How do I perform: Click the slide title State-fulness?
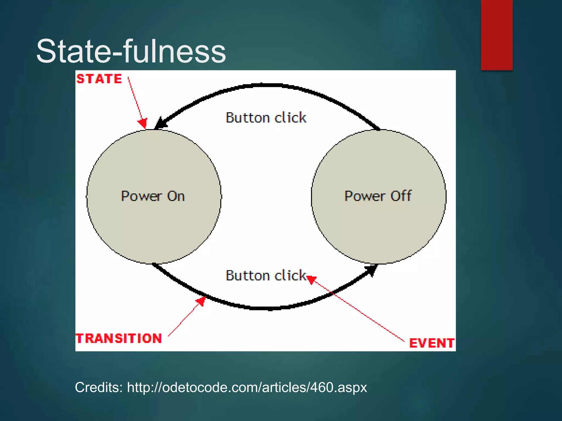(131, 51)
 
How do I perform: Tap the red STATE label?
(99, 79)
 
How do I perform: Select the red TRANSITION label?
(119, 338)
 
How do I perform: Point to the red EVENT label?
(431, 343)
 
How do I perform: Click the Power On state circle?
(154, 219)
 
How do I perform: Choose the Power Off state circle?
(378, 219)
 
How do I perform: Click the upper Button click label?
(266, 118)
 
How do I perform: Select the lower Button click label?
(266, 275)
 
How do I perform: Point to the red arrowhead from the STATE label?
(143, 123)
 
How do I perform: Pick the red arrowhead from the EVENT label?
(311, 280)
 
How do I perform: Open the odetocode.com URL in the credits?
(247, 387)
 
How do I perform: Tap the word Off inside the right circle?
(401, 196)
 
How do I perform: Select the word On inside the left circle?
(176, 196)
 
